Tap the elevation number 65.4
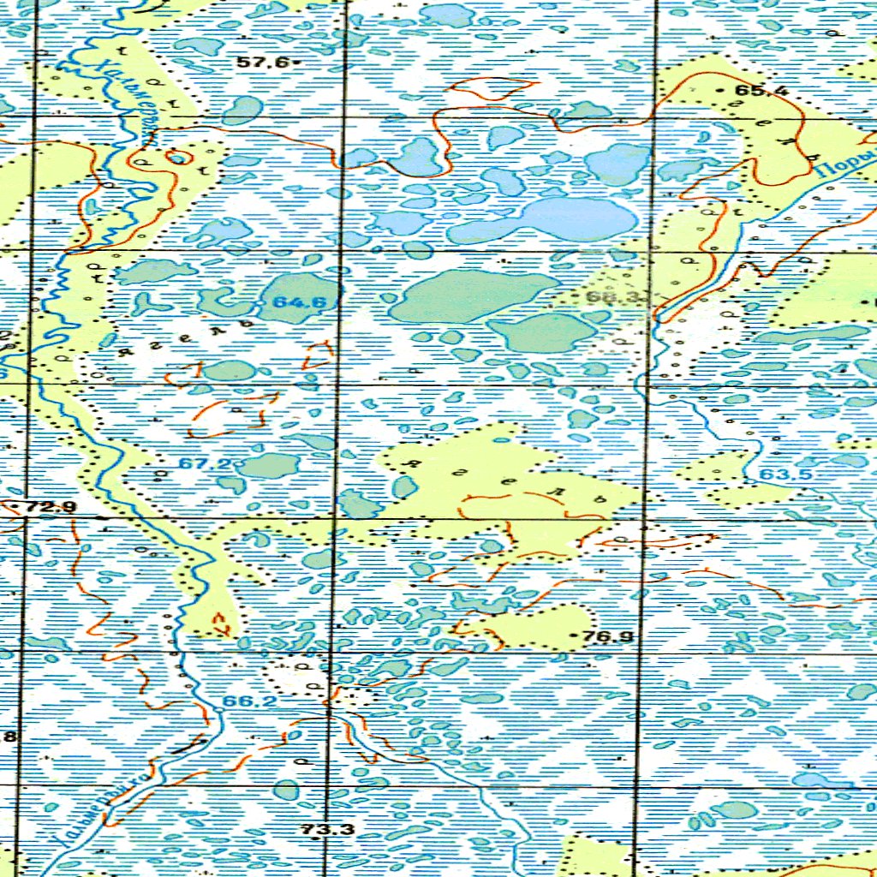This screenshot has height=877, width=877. [x=760, y=91]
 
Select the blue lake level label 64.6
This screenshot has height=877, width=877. [x=293, y=302]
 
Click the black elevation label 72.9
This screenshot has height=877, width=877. [x=51, y=507]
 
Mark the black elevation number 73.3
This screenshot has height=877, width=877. [x=327, y=829]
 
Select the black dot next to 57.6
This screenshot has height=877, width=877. [x=295, y=63]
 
